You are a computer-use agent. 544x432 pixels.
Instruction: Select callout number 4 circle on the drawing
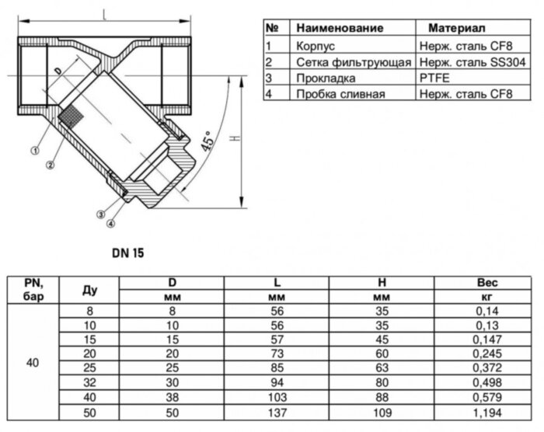click(x=110, y=224)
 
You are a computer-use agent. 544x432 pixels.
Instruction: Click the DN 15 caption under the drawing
click(x=127, y=253)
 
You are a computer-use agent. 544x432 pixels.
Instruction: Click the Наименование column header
click(x=340, y=28)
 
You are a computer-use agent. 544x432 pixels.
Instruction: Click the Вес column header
click(x=486, y=282)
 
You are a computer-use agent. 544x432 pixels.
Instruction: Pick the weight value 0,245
click(x=486, y=352)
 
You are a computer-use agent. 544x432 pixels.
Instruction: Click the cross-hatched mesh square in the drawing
click(x=71, y=117)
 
